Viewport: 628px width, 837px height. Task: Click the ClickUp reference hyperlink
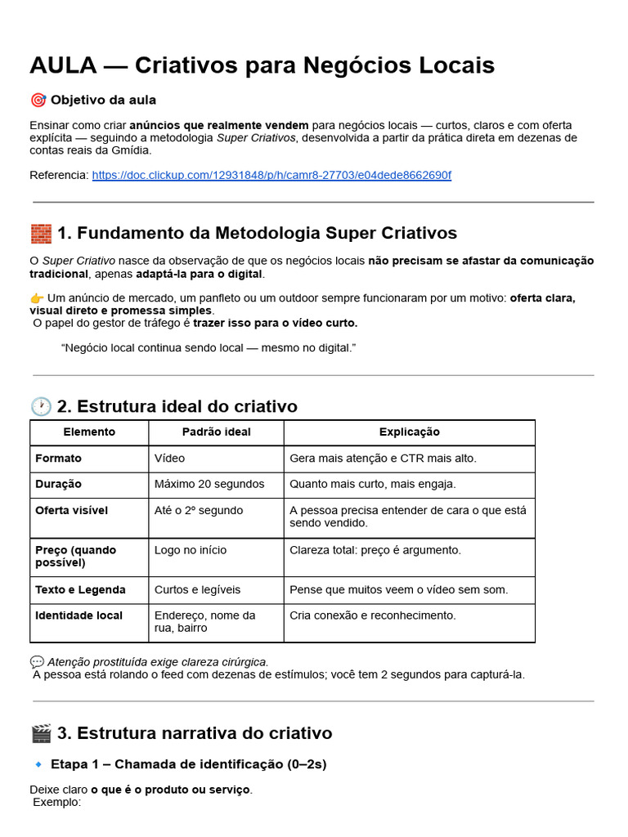[x=271, y=175]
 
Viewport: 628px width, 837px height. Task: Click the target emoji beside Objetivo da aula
[x=38, y=100]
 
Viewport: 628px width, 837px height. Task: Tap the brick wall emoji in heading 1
[x=41, y=234]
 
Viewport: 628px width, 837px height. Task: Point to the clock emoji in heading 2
[x=41, y=406]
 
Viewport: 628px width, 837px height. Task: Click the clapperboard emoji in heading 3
[x=41, y=733]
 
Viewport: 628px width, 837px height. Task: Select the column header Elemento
[x=89, y=432]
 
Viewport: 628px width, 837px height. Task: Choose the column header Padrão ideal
[x=216, y=432]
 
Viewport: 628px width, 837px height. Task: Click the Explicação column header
[x=409, y=432]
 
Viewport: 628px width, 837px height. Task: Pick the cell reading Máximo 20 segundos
[x=209, y=484]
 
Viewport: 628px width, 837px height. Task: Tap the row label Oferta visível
[x=71, y=510]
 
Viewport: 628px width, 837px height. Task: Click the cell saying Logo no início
[x=191, y=550]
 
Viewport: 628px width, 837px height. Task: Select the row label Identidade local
[x=78, y=615]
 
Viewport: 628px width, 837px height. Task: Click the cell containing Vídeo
[x=169, y=458]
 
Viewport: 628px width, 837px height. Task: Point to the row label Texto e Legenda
[x=80, y=589]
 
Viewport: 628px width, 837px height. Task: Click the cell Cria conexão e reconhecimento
[x=373, y=615]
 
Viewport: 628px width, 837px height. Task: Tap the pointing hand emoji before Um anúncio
[x=37, y=298]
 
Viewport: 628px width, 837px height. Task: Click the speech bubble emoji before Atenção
[x=37, y=661]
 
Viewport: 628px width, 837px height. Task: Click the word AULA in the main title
[x=64, y=65]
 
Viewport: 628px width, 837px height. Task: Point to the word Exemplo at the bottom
[x=56, y=802]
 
